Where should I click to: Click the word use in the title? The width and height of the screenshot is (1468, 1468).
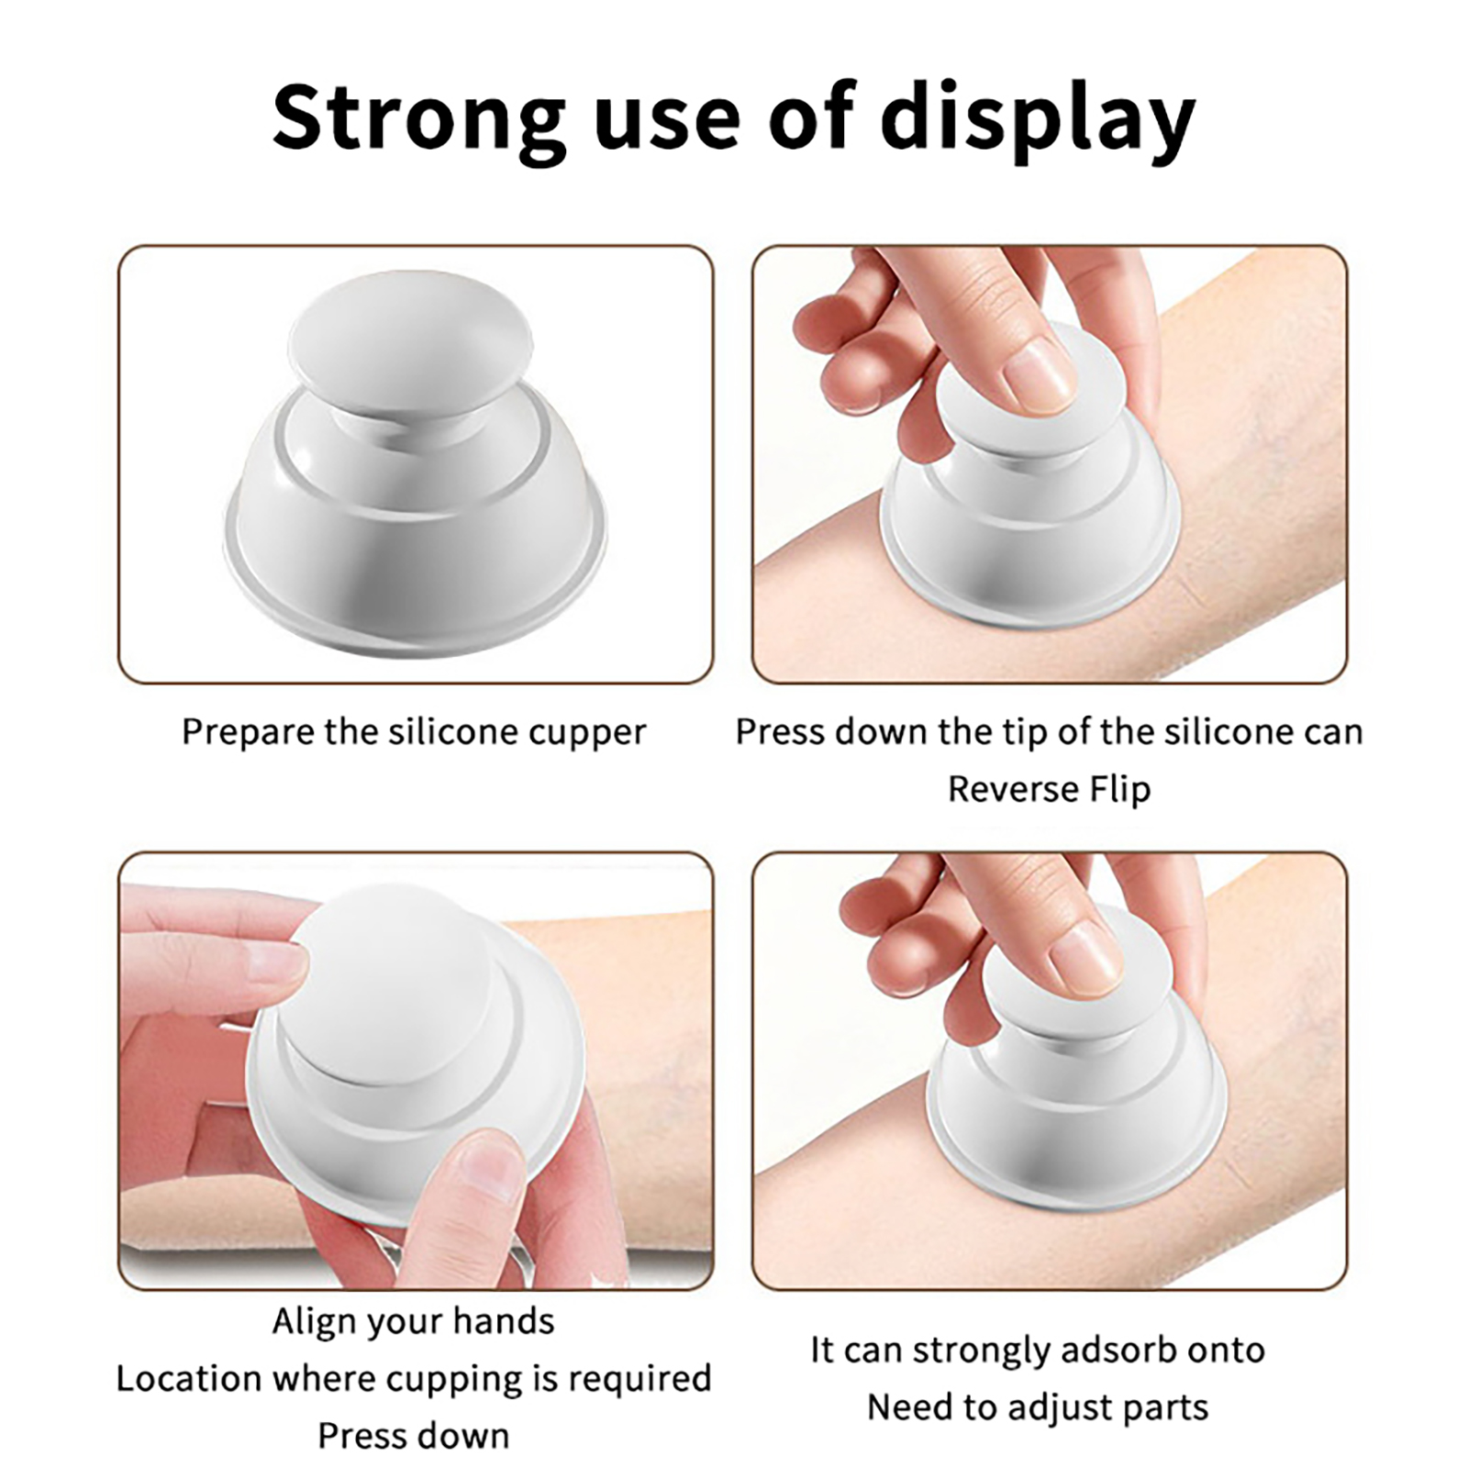tap(667, 128)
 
